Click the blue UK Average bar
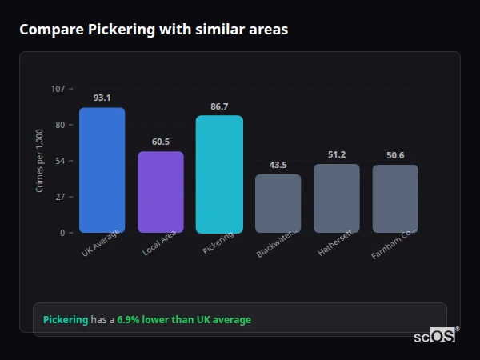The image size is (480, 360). click(102, 170)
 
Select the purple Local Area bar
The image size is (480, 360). click(160, 192)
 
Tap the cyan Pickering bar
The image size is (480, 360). click(219, 174)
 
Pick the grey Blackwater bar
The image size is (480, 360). click(278, 203)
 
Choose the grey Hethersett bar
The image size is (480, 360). click(337, 198)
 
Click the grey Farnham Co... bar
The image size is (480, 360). click(395, 198)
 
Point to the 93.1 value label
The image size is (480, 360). click(102, 98)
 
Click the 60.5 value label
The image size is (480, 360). click(160, 142)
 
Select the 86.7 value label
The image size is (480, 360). click(219, 106)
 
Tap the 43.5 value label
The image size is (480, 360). click(278, 164)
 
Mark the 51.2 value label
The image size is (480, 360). click(337, 154)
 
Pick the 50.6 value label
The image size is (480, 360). click(395, 155)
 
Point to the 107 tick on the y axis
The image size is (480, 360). click(58, 89)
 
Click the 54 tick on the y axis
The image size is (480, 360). click(60, 161)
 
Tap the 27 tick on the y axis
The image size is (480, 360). click(60, 197)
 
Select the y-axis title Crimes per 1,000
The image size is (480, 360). click(40, 161)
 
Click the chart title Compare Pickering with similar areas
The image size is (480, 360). click(154, 30)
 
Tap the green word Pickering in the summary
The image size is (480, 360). click(66, 320)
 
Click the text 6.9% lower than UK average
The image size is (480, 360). click(184, 320)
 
